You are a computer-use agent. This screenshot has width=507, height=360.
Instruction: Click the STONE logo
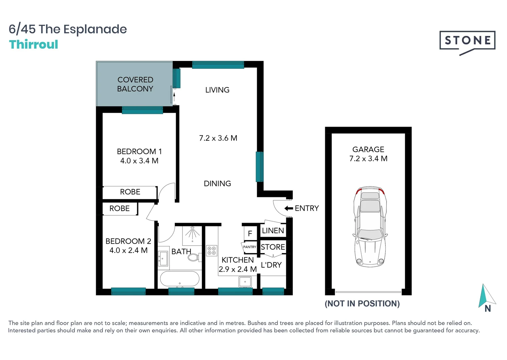coord(467,41)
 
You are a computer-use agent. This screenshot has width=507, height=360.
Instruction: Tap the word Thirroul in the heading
coord(33,45)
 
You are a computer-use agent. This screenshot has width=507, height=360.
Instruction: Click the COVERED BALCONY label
coord(135,84)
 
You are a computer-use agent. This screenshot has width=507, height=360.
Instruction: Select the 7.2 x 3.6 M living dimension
coord(218,138)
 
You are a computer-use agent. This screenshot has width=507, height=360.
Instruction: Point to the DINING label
coord(217,183)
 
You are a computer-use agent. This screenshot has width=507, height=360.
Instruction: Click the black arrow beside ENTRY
coord(289,208)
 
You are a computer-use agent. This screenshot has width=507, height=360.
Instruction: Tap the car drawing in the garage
coord(370,227)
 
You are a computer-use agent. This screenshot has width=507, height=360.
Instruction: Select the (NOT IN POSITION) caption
coord(362,304)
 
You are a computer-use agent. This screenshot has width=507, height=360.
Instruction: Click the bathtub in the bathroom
coord(180,279)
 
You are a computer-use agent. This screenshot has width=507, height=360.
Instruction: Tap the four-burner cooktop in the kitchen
coord(211,251)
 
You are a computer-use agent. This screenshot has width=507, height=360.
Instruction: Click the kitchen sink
coord(245,282)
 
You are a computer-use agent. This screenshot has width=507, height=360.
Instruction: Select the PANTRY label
coord(249,247)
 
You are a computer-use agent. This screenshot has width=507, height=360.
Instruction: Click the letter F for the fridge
coord(250,234)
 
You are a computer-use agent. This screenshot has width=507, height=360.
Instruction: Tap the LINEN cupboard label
coord(273,231)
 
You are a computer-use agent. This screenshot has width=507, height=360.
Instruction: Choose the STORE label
coord(273,247)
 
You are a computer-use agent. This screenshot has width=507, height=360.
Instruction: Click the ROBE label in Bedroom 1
coord(130,192)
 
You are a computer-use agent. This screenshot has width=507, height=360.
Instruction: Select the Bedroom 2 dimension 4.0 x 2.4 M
coord(128,250)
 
